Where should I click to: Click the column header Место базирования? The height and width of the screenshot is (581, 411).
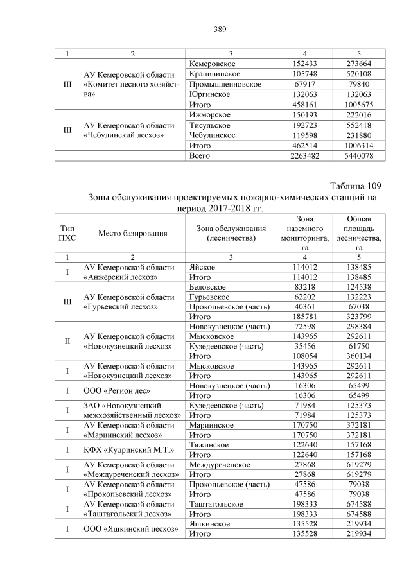click(x=132, y=234)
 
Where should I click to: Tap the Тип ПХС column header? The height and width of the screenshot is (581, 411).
click(x=67, y=234)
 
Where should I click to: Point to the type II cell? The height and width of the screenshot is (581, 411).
click(x=67, y=340)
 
